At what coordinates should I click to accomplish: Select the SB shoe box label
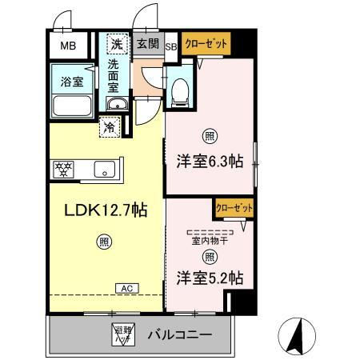pyautogui.click(x=171, y=46)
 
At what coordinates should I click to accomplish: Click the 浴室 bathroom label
pyautogui.click(x=71, y=81)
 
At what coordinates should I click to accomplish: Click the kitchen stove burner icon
pyautogui.click(x=62, y=169)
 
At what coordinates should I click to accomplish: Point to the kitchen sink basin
pyautogui.click(x=105, y=169)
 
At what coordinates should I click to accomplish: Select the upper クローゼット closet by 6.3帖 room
pyautogui.click(x=206, y=43)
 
